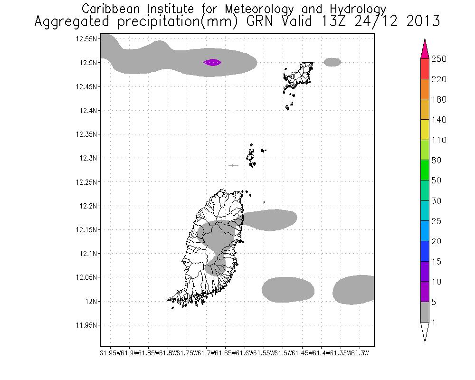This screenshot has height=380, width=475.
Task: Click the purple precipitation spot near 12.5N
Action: pyautogui.click(x=212, y=62)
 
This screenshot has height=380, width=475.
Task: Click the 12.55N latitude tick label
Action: pyautogui.click(x=86, y=39)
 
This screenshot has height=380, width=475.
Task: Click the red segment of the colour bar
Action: pyautogui.click(x=424, y=69)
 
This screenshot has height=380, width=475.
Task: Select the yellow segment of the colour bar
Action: pyautogui.click(x=424, y=130)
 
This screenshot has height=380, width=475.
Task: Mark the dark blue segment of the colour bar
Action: pyautogui.click(x=424, y=251)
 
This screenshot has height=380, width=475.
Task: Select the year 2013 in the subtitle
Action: pyautogui.click(x=423, y=22)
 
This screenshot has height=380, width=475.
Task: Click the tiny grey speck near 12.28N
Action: pyautogui.click(x=233, y=165)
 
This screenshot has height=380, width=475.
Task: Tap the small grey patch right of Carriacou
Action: pyautogui.click(x=332, y=62)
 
